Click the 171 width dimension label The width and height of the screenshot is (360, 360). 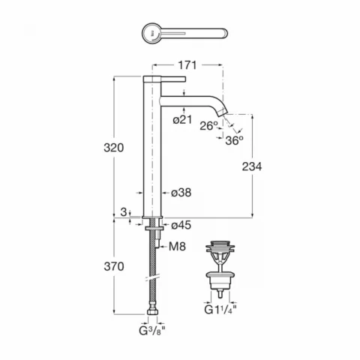tap(187, 65)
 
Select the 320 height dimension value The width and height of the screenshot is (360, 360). tap(114, 148)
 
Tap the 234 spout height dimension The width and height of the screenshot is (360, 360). tap(252, 166)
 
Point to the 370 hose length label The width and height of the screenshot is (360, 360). tap(114, 266)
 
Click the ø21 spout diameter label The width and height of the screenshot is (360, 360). tap(182, 120)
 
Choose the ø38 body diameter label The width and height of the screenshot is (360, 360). tap(181, 193)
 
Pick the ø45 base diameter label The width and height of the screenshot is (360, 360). tap(181, 225)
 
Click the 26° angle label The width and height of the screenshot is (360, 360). tap(209, 126)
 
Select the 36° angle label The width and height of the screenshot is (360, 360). tap(234, 140)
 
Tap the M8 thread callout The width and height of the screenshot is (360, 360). tap(177, 247)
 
